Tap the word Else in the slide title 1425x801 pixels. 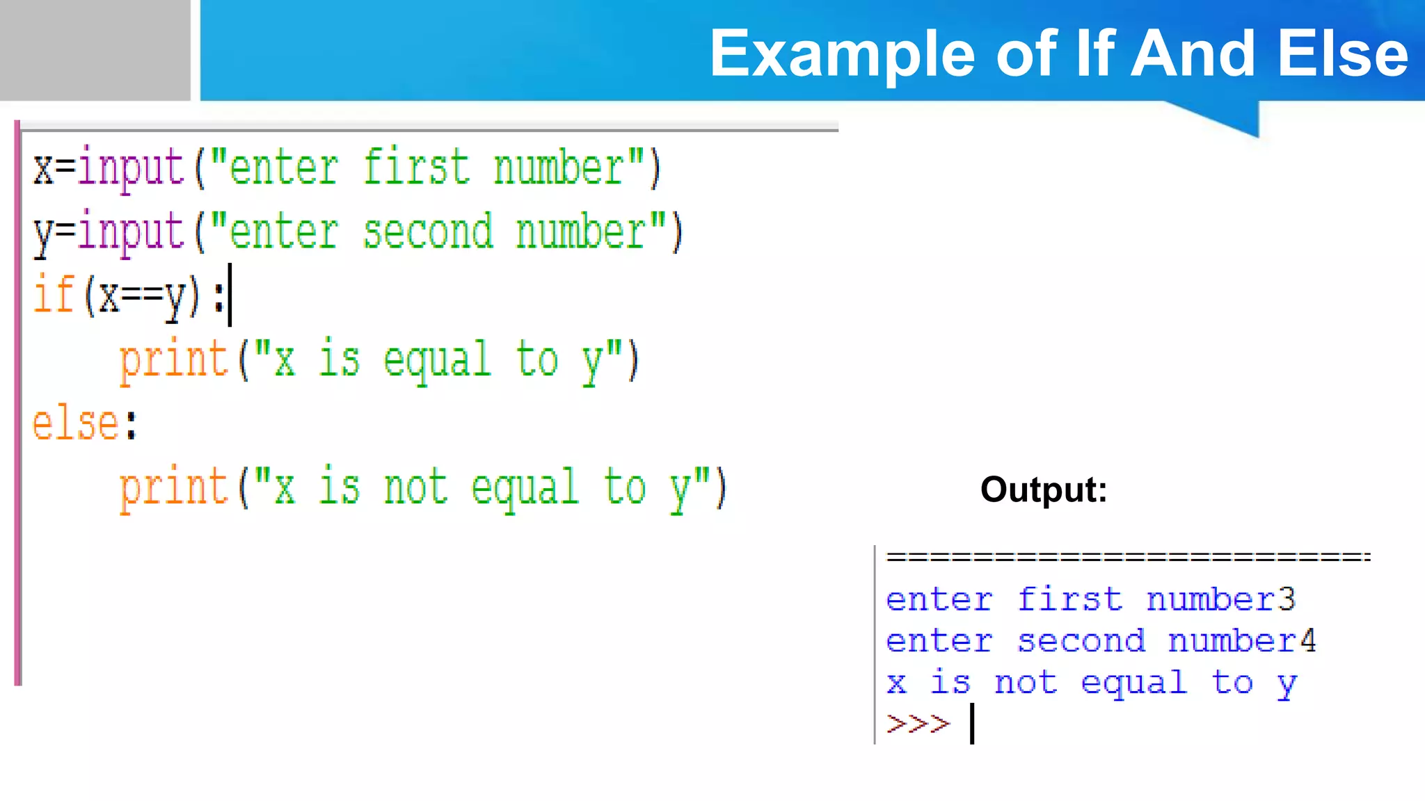[x=1343, y=54]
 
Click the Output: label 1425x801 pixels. [x=1043, y=489]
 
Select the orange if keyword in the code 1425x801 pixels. [x=54, y=296]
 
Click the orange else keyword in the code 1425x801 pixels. [x=75, y=423]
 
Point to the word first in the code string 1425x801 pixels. [x=416, y=168]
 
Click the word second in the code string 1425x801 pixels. [x=427, y=232]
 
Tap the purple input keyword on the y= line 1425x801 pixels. [x=130, y=232]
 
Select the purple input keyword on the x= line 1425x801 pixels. [x=130, y=168]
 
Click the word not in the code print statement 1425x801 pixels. [x=415, y=487]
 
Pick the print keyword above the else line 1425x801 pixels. [x=173, y=360]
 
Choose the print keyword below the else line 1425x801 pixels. [x=173, y=487]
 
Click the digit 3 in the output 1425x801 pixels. [x=1287, y=599]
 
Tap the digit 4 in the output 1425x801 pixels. [x=1308, y=640]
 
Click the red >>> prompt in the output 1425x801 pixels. [x=918, y=724]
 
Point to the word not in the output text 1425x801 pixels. [x=1026, y=683]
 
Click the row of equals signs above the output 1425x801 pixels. [x=1127, y=557]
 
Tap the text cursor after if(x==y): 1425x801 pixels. [x=230, y=295]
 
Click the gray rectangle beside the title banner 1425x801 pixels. [x=95, y=50]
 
